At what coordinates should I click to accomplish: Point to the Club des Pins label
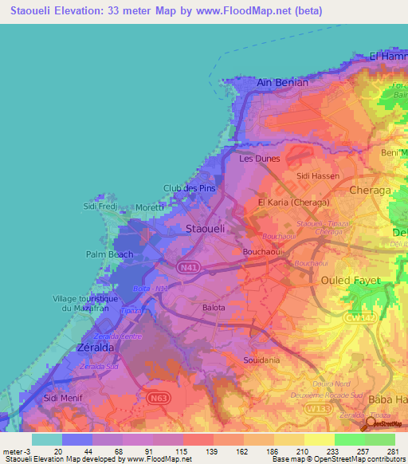[190, 188]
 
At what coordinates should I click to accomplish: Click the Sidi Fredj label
[101, 206]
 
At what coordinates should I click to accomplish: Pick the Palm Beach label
[110, 254]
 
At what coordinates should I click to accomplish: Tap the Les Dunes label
[260, 159]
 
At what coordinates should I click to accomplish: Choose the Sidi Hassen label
[317, 175]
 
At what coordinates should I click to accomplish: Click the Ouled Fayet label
[350, 280]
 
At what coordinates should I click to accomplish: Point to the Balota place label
[214, 307]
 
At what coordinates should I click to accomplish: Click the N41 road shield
[189, 268]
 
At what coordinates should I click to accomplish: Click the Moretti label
[150, 207]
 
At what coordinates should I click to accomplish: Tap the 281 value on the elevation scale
[391, 450]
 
